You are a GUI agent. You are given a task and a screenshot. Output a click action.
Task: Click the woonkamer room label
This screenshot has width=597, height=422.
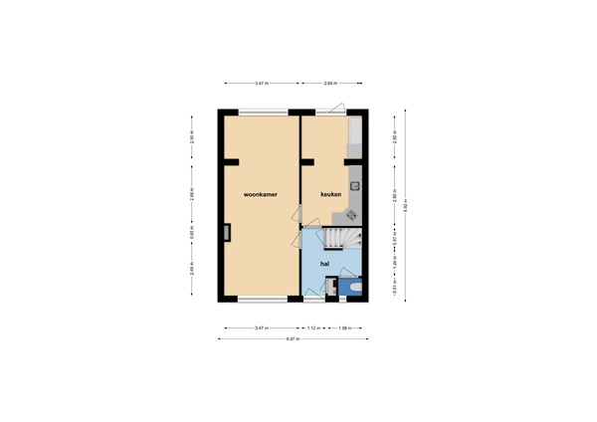pos(260,194)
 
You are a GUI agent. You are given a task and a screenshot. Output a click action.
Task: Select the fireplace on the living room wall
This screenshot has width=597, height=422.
pos(228,234)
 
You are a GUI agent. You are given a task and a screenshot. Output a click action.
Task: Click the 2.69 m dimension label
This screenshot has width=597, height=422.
pos(328,83)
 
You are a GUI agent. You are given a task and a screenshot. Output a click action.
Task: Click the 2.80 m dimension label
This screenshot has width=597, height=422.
pos(395,196)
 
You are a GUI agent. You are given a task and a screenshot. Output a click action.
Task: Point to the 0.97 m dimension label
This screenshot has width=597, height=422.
pos(395,239)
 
